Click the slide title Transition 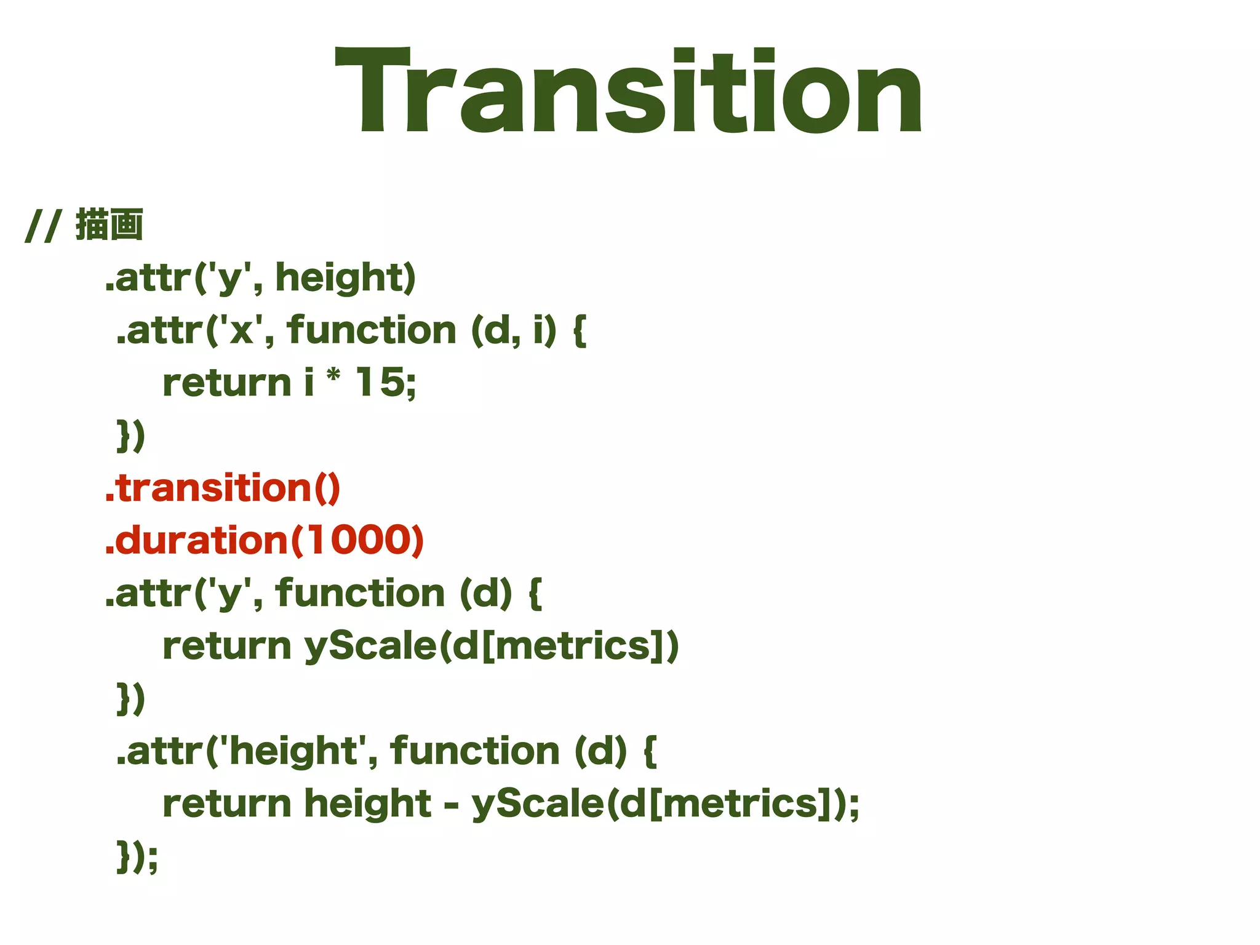pos(628,90)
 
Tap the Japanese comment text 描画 pos(110,225)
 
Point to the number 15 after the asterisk pos(380,382)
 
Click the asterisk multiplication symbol pos(333,375)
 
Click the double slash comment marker pos(42,226)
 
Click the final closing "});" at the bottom pos(137,857)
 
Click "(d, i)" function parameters pos(514,330)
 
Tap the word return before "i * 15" pos(226,383)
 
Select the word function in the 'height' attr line pos(474,751)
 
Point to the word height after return pos(367,804)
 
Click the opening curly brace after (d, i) pos(580,330)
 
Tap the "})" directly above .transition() pos(130,436)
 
